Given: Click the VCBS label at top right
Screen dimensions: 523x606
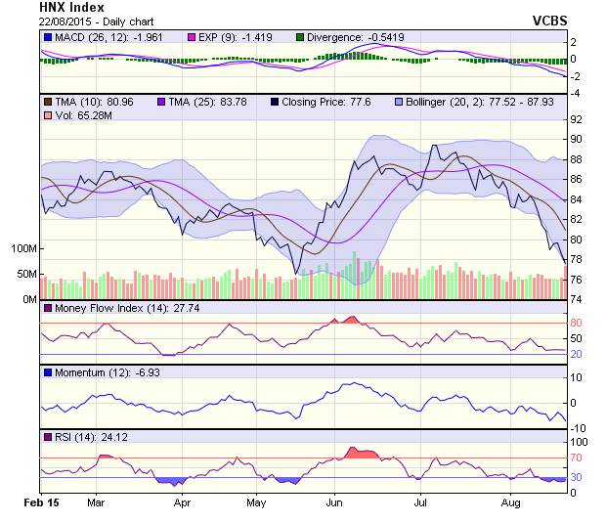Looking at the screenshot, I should [x=550, y=20].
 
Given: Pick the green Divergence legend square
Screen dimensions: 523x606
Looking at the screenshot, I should [x=299, y=37].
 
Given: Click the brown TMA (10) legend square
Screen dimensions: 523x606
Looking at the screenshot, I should [x=48, y=101].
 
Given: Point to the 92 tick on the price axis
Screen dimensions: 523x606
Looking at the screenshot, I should [x=576, y=119].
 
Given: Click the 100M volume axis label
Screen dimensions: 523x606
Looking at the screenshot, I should [x=22, y=248].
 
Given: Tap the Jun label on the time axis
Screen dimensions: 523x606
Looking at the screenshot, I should [x=333, y=503].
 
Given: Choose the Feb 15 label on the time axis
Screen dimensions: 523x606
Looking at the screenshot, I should [x=41, y=503].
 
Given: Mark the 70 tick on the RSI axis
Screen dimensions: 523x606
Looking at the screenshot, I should [x=576, y=458].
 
